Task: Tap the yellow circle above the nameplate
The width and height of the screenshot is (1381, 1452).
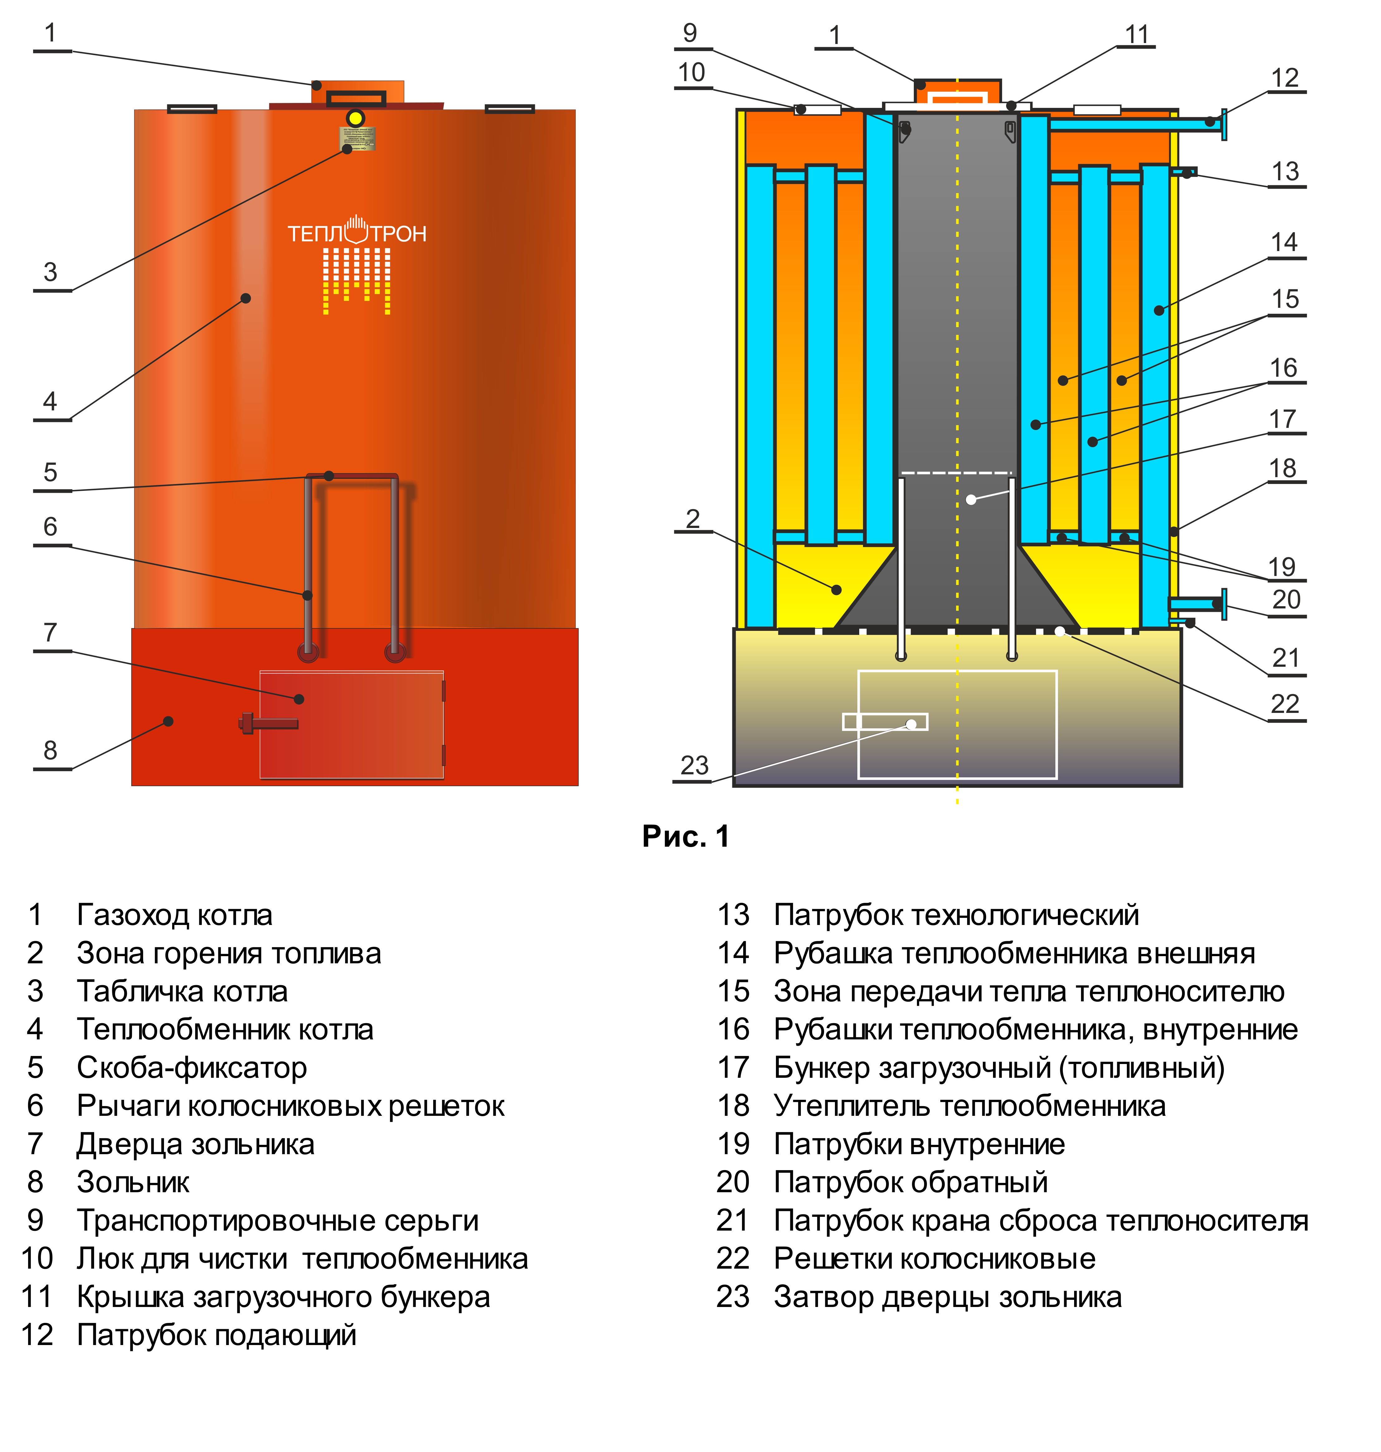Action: [x=356, y=119]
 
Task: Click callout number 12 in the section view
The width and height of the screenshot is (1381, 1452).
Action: [x=1285, y=78]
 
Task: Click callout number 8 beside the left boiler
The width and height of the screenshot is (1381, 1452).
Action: [x=50, y=751]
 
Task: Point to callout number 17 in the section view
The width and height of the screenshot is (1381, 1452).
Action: [x=1282, y=419]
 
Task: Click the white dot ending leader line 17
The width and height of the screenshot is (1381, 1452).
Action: [x=971, y=500]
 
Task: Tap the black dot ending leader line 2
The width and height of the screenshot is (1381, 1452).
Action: [x=836, y=589]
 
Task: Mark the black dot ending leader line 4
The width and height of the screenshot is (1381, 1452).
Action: [x=246, y=298]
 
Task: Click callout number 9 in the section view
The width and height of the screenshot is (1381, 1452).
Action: [x=690, y=33]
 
